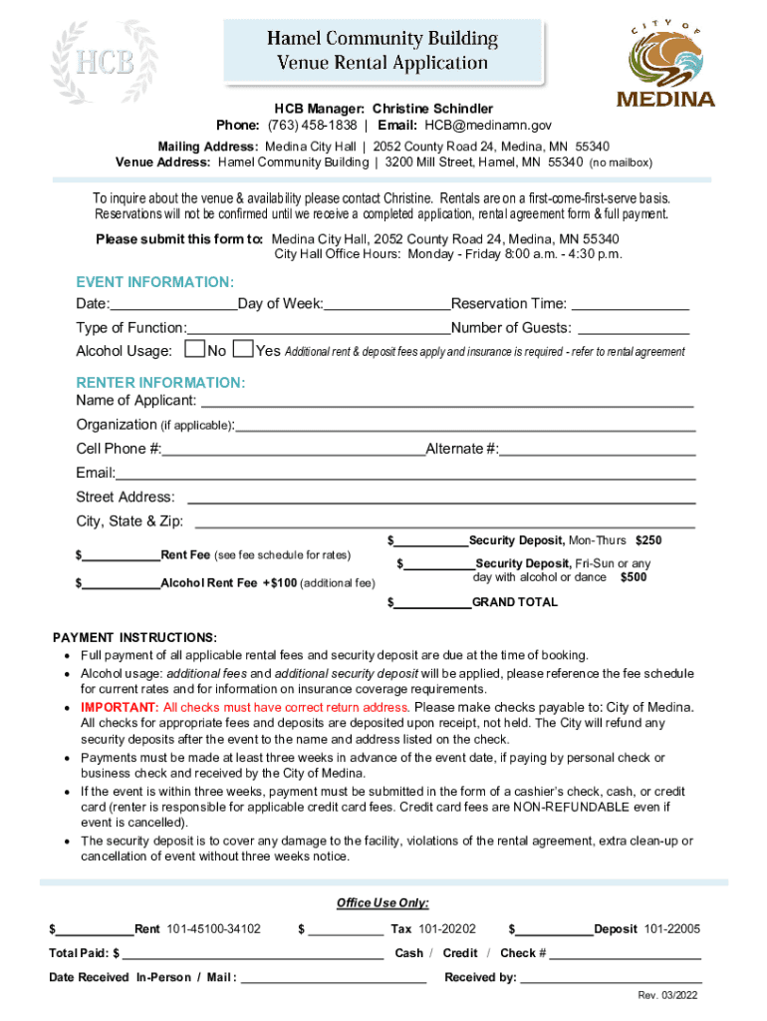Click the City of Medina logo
[x=665, y=63]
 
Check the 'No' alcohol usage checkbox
[x=195, y=349]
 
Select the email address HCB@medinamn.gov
[x=488, y=126]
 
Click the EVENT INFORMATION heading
[x=155, y=282]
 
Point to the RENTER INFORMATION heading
[x=160, y=383]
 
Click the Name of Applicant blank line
[x=447, y=402]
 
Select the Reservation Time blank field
[x=630, y=305]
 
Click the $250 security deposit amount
[x=648, y=540]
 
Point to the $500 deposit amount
[x=634, y=577]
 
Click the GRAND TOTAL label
[x=514, y=602]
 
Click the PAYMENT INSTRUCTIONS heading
[x=134, y=637]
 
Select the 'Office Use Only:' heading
[x=383, y=903]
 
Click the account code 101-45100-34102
[x=213, y=929]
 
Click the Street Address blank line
[x=440, y=498]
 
